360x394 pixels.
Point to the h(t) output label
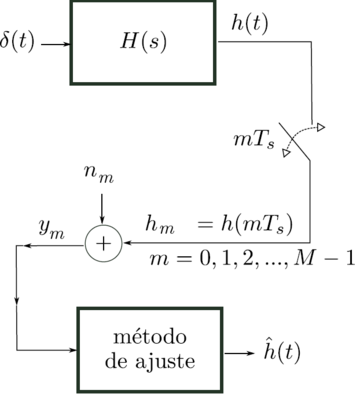[248, 21]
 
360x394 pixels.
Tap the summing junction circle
[102, 242]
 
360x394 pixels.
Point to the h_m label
[159, 223]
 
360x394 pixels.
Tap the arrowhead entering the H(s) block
[63, 44]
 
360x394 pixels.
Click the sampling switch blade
[296, 143]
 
